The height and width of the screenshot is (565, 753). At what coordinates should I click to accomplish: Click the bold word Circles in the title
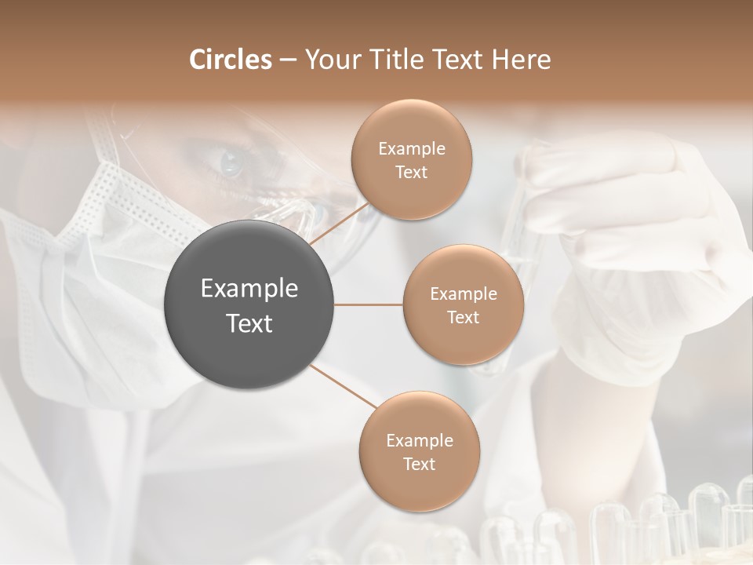pyautogui.click(x=231, y=60)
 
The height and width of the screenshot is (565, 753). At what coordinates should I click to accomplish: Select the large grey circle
pyautogui.click(x=249, y=304)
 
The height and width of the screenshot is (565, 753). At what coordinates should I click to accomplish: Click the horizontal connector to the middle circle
pyautogui.click(x=369, y=304)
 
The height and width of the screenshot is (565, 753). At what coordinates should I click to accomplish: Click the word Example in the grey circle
pyautogui.click(x=249, y=289)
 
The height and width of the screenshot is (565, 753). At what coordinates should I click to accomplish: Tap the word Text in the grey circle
pyautogui.click(x=249, y=323)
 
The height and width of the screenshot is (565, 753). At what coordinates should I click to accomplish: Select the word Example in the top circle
pyautogui.click(x=411, y=148)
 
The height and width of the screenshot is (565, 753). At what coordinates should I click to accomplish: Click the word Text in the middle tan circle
pyautogui.click(x=463, y=318)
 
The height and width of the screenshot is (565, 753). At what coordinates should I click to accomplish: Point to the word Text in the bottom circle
pyautogui.click(x=419, y=465)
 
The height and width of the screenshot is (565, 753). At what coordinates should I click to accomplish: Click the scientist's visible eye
pyautogui.click(x=231, y=162)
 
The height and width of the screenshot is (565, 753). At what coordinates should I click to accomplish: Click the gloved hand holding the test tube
pyautogui.click(x=635, y=235)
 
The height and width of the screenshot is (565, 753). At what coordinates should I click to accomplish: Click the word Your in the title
pyautogui.click(x=329, y=60)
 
